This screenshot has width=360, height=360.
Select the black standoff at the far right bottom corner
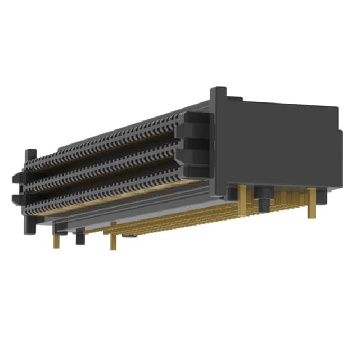(x=321, y=196)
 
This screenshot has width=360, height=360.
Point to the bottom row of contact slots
(x=107, y=191)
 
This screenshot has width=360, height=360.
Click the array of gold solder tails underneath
(x=186, y=217)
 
